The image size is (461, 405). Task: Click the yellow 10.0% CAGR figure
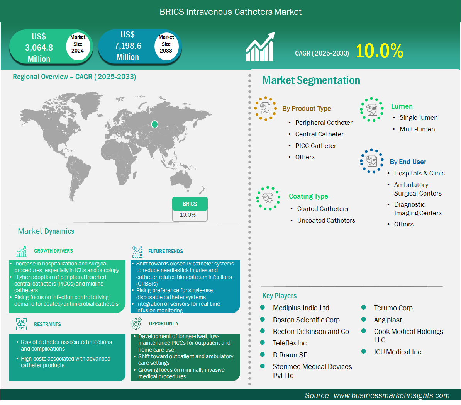click(379, 51)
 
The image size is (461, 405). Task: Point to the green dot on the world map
click(154, 124)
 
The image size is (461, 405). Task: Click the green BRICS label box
click(190, 204)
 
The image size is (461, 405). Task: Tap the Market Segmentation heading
click(311, 80)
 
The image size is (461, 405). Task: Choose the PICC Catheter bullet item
click(315, 146)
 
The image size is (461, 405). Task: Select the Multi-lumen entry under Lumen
click(417, 129)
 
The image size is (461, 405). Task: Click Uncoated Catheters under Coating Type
click(326, 220)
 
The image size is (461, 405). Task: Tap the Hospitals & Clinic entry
click(419, 174)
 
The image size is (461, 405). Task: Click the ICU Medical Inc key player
click(398, 352)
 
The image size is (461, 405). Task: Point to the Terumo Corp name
click(393, 308)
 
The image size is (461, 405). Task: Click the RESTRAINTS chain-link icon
click(22, 324)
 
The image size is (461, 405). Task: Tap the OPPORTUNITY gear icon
click(136, 323)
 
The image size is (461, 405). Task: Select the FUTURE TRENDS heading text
click(166, 251)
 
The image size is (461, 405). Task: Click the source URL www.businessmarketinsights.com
click(392, 395)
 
